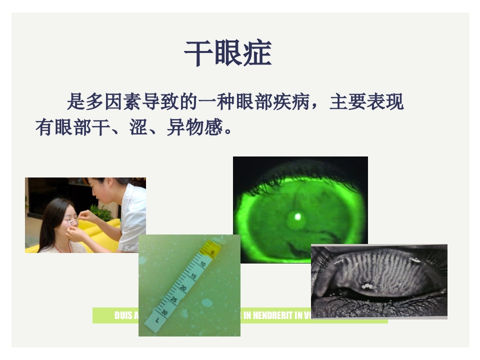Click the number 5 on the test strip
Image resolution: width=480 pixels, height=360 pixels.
click(212, 253)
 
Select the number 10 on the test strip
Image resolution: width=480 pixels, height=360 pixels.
click(202, 263)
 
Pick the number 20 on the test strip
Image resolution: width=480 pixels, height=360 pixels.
click(183, 288)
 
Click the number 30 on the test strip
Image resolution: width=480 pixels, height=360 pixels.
click(165, 311)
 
